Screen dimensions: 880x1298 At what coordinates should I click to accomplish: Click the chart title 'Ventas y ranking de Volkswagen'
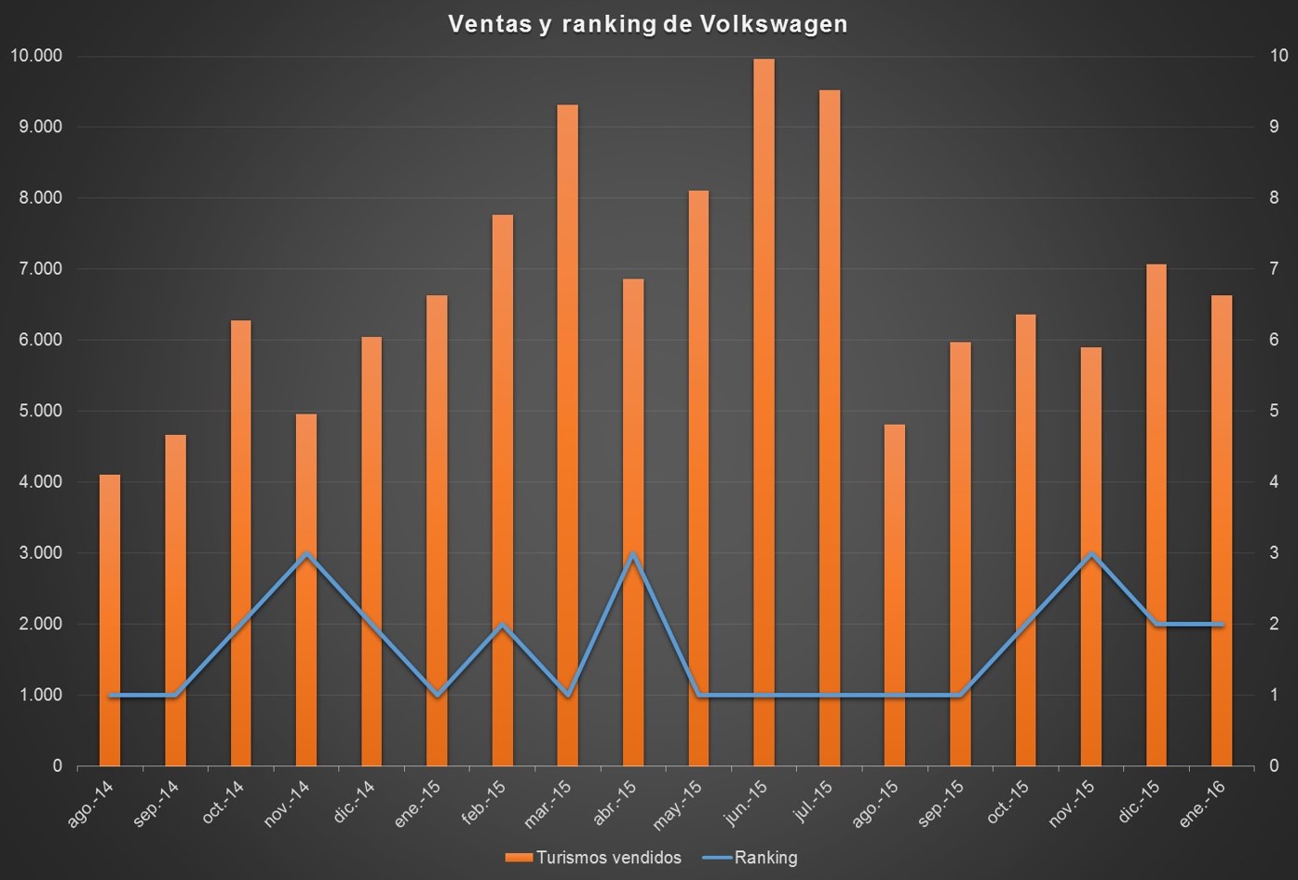click(648, 23)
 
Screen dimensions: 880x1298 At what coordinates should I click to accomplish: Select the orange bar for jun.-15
click(764, 410)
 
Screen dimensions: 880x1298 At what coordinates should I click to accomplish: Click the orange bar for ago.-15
click(894, 596)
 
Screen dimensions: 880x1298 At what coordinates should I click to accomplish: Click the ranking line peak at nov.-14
click(306, 554)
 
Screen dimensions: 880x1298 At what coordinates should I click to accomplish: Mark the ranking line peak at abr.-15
click(633, 554)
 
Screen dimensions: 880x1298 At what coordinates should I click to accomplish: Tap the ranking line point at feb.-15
click(502, 625)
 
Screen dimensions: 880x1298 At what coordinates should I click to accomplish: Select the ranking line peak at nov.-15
click(1090, 554)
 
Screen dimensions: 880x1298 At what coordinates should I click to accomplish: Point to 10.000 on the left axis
click(36, 56)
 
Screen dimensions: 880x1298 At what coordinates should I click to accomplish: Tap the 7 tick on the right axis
click(1274, 269)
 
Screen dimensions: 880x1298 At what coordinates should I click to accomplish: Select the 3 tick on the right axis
click(1274, 553)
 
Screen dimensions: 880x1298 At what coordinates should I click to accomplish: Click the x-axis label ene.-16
click(1202, 803)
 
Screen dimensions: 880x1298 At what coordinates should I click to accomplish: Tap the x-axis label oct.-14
click(223, 803)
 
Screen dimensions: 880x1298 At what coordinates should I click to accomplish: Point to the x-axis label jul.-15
click(812, 801)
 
